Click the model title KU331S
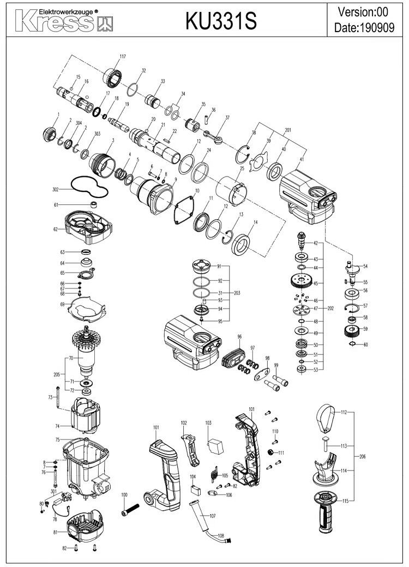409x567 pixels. [221, 21]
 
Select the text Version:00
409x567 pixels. [363, 12]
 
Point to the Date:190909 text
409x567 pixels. [364, 27]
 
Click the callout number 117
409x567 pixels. [123, 56]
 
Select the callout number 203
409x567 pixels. [237, 293]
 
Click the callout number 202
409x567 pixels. [330, 309]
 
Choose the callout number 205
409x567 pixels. [57, 375]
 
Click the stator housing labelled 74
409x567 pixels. [87, 416]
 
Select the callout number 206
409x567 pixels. [362, 456]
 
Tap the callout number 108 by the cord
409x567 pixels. [221, 536]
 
